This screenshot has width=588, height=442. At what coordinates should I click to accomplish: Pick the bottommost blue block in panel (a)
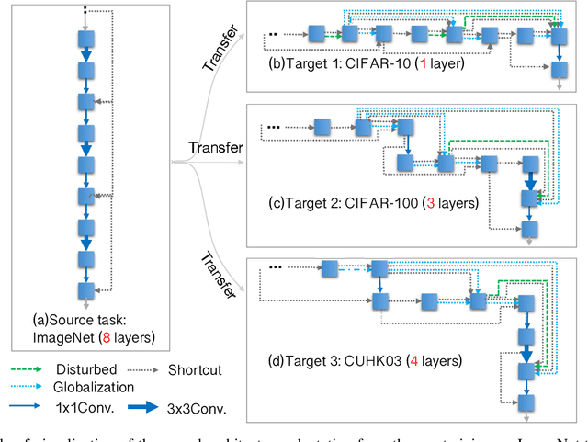click(85, 286)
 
